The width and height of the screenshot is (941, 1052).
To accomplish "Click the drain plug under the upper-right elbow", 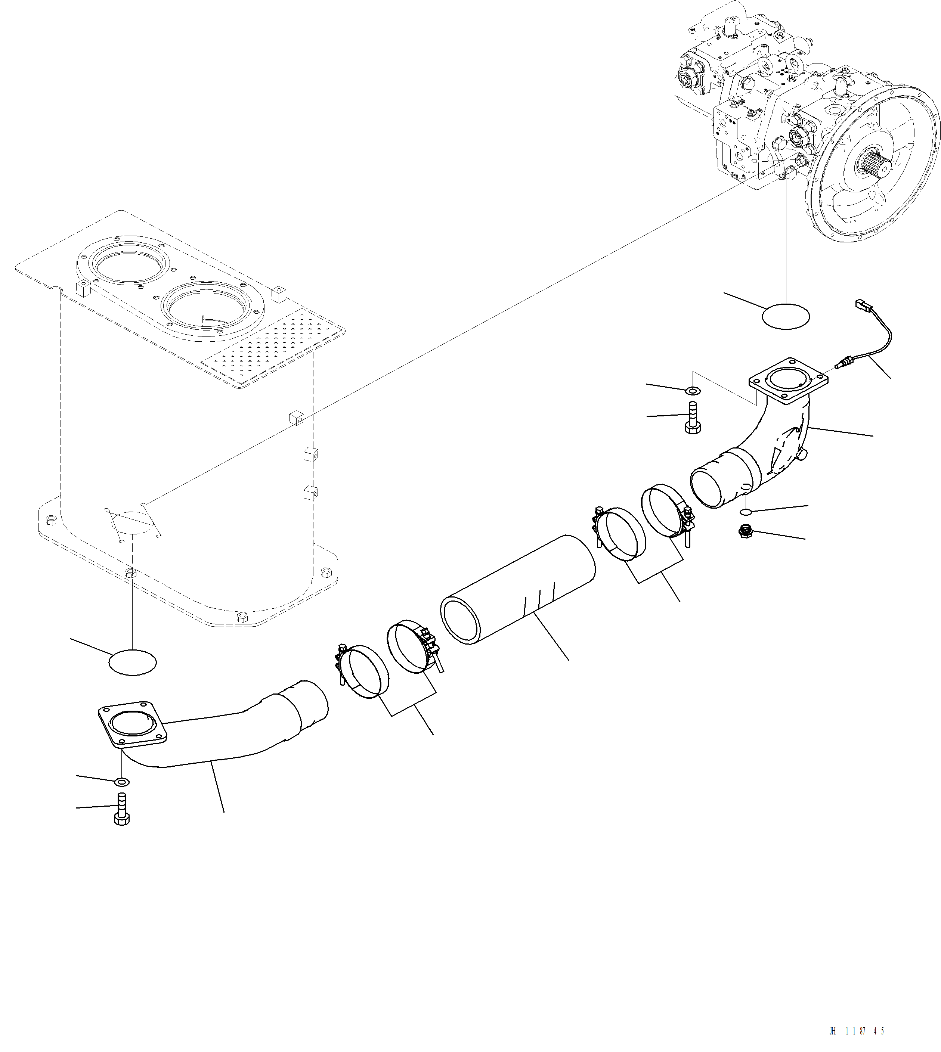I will (746, 531).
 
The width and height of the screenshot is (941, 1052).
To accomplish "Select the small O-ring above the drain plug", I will (746, 512).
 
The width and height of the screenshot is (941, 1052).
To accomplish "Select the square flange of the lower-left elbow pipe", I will (132, 723).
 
